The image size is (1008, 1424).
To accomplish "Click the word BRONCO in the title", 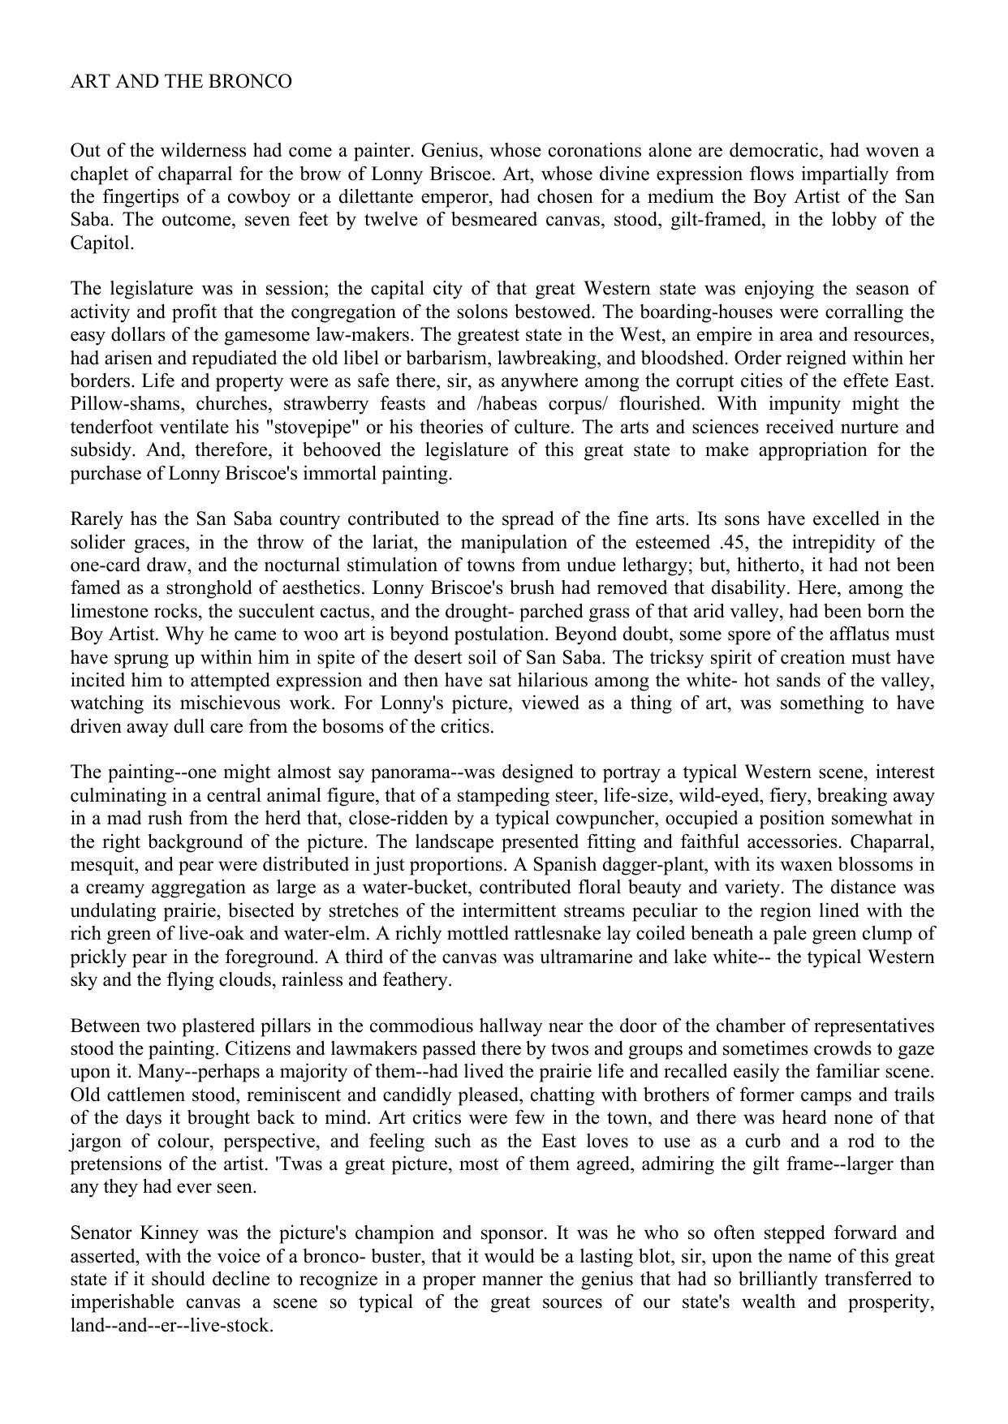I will (256, 82).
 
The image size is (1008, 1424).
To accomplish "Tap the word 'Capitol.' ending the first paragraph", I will (102, 243).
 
